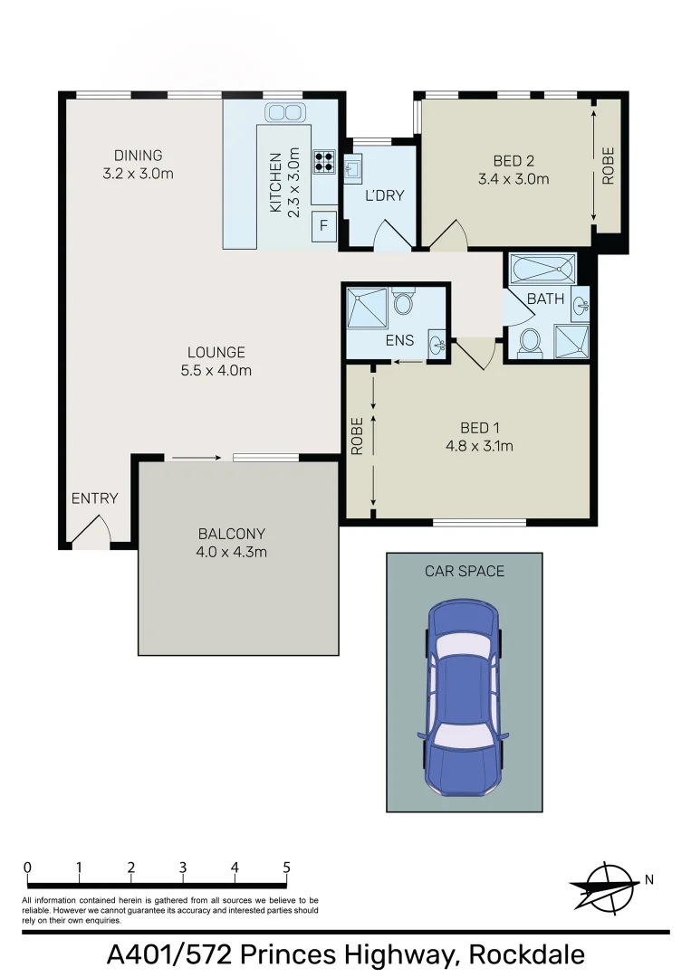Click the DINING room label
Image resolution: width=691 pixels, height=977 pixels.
coord(138,156)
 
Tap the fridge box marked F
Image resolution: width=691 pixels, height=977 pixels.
coord(323,225)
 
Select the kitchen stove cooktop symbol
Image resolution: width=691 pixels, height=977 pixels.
coord(323,161)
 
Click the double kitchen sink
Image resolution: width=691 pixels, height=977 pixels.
coord(283,112)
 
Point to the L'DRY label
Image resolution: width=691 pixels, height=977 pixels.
coord(384,195)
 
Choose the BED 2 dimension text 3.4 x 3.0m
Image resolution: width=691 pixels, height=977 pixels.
coord(513,179)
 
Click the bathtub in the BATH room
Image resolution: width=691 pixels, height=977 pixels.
coord(542,270)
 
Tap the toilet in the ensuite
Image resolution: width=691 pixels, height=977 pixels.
coord(403,301)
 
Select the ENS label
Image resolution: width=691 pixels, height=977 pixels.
coord(399,340)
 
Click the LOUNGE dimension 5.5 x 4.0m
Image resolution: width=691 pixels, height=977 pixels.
coord(216,369)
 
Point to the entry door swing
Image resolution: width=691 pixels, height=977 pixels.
coord(91,531)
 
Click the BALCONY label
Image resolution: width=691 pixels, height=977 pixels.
coord(232,534)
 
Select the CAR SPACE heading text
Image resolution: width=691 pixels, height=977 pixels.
coord(465,571)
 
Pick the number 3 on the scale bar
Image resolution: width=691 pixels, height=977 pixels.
coord(183,868)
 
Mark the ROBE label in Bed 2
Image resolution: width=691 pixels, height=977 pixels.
coord(608,166)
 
